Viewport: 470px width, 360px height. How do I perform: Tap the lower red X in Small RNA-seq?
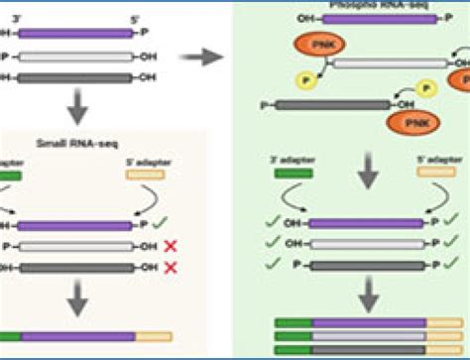pyautogui.click(x=171, y=269)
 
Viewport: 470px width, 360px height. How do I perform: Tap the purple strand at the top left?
pyautogui.click(x=75, y=33)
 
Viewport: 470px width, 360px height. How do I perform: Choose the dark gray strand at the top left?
pyautogui.click(x=75, y=77)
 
